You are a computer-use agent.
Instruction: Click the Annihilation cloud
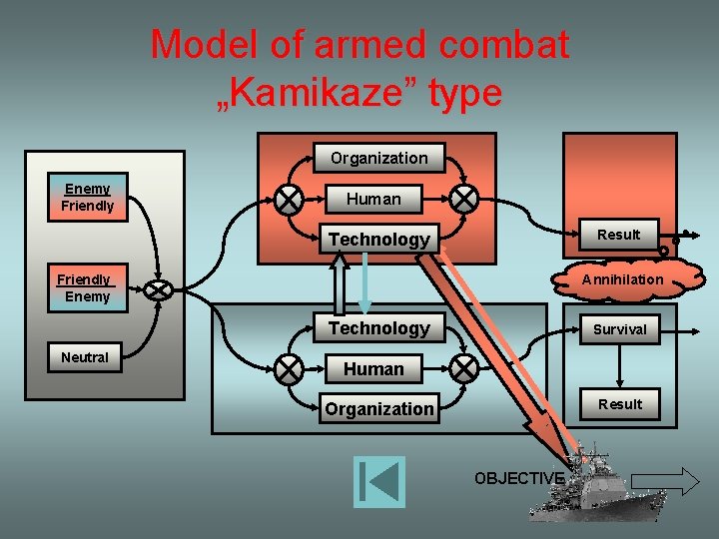point(622,279)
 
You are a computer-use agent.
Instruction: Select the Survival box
point(619,328)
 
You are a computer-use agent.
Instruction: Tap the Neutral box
point(85,357)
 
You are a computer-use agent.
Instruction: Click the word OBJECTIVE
point(519,478)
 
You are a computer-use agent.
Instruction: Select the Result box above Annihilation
point(619,235)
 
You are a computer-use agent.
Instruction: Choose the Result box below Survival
point(619,404)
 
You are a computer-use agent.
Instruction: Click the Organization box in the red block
point(378,158)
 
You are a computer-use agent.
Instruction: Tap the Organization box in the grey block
point(378,408)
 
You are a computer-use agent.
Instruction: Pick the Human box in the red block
point(373,199)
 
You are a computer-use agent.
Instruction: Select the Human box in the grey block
point(373,368)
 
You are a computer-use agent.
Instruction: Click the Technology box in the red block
point(378,239)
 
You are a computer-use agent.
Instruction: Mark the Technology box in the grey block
point(378,328)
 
